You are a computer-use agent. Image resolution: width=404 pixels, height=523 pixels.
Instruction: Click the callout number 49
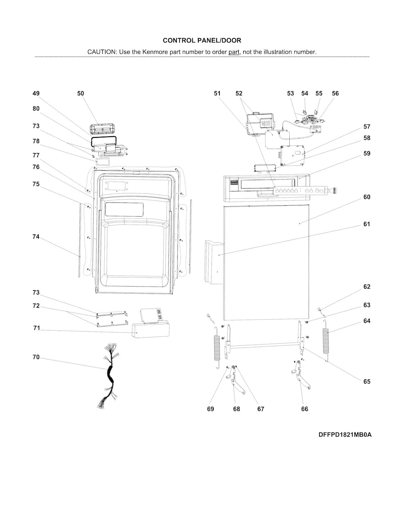(x=36, y=93)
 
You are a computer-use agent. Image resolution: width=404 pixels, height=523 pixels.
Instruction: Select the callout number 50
(x=80, y=93)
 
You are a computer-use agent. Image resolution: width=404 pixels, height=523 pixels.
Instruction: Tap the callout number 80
(x=36, y=109)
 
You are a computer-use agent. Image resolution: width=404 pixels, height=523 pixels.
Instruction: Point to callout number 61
(x=367, y=224)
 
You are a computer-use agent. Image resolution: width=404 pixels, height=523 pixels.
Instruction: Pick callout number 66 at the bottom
(x=305, y=409)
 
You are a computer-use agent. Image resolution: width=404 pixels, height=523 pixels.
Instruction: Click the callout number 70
(x=36, y=357)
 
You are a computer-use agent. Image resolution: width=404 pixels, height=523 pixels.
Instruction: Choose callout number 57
(x=367, y=127)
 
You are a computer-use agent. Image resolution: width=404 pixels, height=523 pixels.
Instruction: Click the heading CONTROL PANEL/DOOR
(x=202, y=40)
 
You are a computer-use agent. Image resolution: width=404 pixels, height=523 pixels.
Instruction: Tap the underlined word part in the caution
(x=234, y=52)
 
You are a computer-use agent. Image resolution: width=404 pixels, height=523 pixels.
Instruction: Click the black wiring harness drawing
(x=109, y=376)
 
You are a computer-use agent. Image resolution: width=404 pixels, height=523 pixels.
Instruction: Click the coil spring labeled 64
(x=326, y=341)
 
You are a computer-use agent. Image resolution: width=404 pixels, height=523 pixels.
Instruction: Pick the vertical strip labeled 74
(x=79, y=240)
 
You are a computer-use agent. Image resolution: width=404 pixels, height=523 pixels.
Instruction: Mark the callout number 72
(x=36, y=306)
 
